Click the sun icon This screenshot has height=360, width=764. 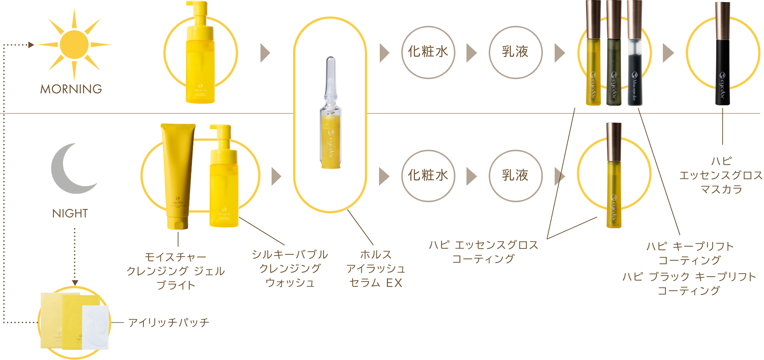pyautogui.click(x=74, y=44)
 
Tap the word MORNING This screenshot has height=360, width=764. pyautogui.click(x=71, y=89)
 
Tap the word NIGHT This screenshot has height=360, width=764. pyautogui.click(x=70, y=213)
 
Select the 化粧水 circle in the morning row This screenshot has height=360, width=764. pyautogui.click(x=428, y=52)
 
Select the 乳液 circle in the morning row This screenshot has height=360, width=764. pyautogui.click(x=515, y=52)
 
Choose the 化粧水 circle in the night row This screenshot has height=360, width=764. pyautogui.click(x=428, y=176)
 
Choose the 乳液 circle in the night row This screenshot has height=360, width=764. pyautogui.click(x=515, y=176)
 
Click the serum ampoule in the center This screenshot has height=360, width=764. pyautogui.click(x=330, y=115)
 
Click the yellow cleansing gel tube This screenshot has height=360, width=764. pyautogui.click(x=177, y=174)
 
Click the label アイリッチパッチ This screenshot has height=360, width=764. pyautogui.click(x=169, y=323)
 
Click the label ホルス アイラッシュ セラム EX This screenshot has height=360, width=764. pyautogui.click(x=376, y=269)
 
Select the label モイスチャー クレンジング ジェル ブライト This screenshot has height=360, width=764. pyautogui.click(x=176, y=271)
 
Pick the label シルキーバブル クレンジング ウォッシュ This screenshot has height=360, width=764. pyautogui.click(x=290, y=269)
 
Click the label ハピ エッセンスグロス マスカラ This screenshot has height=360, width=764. pyautogui.click(x=721, y=175)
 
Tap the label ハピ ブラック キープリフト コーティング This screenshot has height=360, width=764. pyautogui.click(x=689, y=284)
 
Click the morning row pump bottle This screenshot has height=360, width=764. pyautogui.click(x=200, y=54)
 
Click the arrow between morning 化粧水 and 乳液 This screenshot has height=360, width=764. pyautogui.click(x=471, y=53)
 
